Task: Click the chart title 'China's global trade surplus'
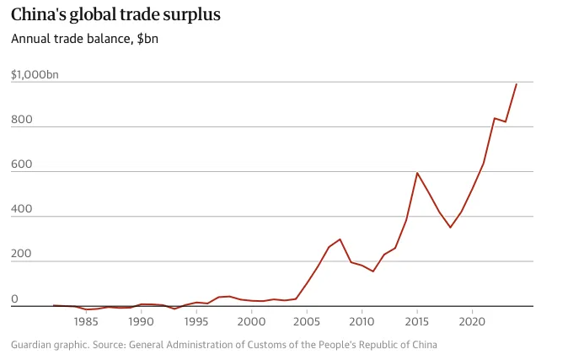(116, 14)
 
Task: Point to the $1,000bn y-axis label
(35, 75)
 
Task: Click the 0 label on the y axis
(14, 298)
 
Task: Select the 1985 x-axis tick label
(86, 321)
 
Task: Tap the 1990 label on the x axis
(141, 321)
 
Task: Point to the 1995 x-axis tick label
(196, 321)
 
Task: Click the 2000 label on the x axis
(252, 321)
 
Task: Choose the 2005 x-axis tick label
(307, 321)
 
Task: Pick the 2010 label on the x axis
(362, 321)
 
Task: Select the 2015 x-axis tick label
(417, 321)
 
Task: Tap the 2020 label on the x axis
(473, 321)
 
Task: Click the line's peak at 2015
(417, 173)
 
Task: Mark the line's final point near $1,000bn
(516, 84)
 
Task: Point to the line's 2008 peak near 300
(340, 239)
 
